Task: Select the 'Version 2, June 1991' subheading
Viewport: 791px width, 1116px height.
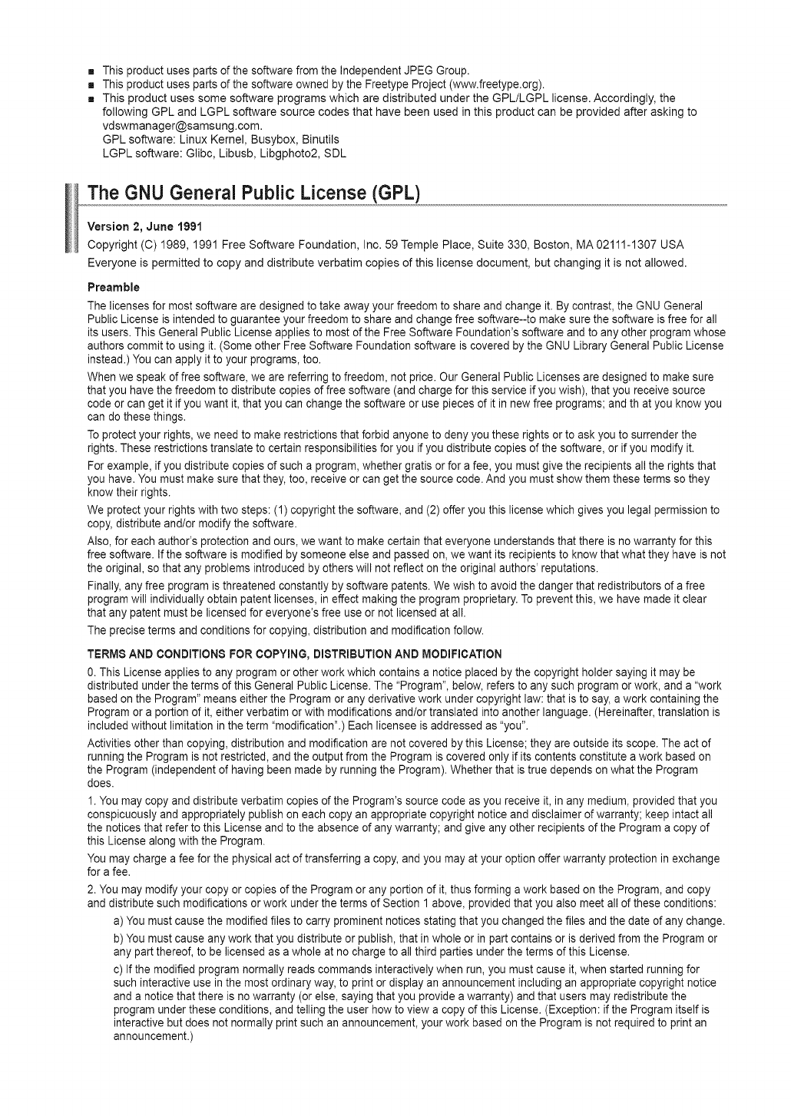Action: point(137,226)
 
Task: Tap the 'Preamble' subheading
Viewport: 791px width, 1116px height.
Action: point(113,288)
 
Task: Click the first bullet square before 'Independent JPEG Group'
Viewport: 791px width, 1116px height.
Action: point(91,71)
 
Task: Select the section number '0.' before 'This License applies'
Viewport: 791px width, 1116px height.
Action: point(92,672)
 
